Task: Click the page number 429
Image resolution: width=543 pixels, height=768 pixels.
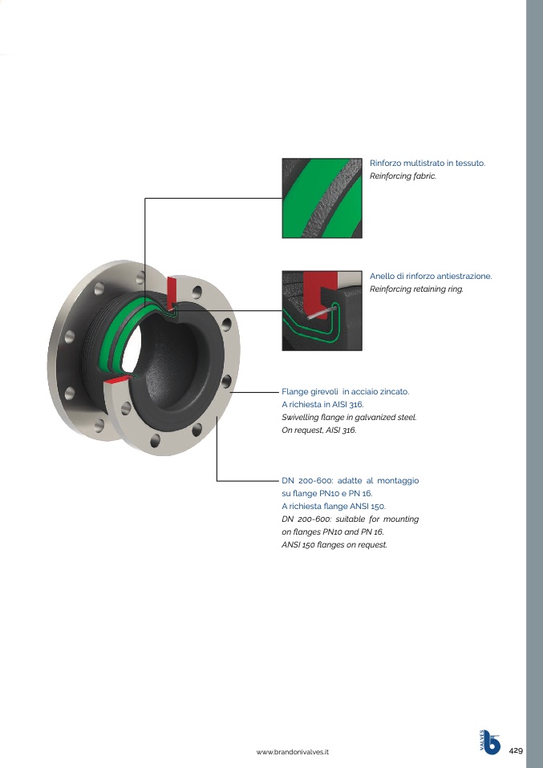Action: pyautogui.click(x=516, y=750)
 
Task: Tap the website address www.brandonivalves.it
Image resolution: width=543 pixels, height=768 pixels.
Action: pyautogui.click(x=293, y=752)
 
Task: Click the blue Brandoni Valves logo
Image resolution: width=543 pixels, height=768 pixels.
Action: pyautogui.click(x=489, y=742)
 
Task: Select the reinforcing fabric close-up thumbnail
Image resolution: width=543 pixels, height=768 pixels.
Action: pyautogui.click(x=322, y=198)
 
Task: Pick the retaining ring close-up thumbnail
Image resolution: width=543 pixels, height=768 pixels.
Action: pyautogui.click(x=322, y=310)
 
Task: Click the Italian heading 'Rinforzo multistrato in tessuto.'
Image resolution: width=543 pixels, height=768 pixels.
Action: pyautogui.click(x=428, y=163)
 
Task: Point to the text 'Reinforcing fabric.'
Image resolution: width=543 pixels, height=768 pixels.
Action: pyautogui.click(x=403, y=176)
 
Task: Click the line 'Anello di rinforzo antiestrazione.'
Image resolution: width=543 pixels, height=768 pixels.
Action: pyautogui.click(x=431, y=277)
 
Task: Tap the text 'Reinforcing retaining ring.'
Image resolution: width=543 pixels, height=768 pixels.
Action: pyautogui.click(x=416, y=289)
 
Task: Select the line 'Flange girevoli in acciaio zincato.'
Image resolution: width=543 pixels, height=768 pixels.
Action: pyautogui.click(x=345, y=392)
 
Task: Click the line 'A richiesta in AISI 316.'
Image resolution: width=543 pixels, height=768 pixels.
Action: pyautogui.click(x=322, y=405)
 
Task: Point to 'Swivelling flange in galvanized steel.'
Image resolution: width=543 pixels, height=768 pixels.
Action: pyautogui.click(x=349, y=418)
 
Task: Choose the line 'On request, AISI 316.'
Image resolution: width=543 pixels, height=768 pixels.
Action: pyautogui.click(x=319, y=430)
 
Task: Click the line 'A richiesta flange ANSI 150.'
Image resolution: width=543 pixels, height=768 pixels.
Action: pyautogui.click(x=334, y=506)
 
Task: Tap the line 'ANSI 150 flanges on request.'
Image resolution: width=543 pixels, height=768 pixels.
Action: pyautogui.click(x=334, y=544)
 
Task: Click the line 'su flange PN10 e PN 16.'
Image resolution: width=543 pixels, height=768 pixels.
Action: pyautogui.click(x=327, y=493)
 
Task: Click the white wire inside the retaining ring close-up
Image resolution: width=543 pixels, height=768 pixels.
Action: pyautogui.click(x=323, y=312)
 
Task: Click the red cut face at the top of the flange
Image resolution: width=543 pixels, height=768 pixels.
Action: pyautogui.click(x=172, y=293)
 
